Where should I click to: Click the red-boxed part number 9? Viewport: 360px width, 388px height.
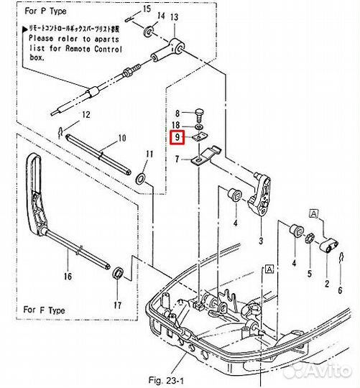tap(177, 137)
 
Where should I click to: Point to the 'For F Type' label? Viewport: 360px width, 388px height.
tap(45, 310)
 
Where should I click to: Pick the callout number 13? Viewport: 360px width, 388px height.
tap(175, 16)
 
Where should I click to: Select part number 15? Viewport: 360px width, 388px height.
tap(147, 9)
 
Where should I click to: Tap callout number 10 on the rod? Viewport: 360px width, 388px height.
tap(121, 138)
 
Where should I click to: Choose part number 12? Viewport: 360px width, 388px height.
tap(85, 115)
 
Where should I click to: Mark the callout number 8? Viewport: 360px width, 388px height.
tap(177, 113)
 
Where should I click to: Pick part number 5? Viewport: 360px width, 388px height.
tap(310, 274)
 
